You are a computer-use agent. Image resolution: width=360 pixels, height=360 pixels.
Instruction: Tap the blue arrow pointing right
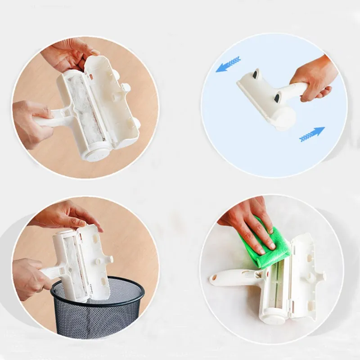(312, 134)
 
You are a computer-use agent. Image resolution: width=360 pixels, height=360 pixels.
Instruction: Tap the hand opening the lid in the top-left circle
(67, 54)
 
